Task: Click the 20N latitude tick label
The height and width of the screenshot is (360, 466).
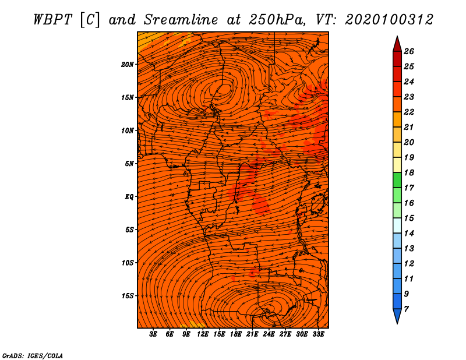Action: point(128,64)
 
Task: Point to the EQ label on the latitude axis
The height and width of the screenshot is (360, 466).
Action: point(129,197)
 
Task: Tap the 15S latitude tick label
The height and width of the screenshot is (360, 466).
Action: point(128,296)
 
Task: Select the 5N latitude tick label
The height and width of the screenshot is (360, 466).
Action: point(129,164)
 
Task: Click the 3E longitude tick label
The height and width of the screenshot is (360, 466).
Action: point(153,334)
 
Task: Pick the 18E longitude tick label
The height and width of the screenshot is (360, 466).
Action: point(236,334)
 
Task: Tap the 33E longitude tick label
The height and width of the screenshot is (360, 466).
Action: point(318,334)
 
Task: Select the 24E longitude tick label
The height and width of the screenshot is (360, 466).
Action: point(269,334)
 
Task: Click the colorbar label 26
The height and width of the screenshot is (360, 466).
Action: point(409,51)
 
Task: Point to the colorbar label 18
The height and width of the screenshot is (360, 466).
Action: point(409,172)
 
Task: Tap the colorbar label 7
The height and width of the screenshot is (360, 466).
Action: point(406,309)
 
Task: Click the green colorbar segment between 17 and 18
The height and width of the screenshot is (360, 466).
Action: point(397,180)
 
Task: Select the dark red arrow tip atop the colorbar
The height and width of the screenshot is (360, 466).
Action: point(397,44)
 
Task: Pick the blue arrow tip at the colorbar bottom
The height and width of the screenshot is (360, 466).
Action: point(397,316)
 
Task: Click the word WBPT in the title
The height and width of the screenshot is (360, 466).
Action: point(53,20)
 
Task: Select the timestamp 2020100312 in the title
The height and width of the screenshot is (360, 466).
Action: point(389,20)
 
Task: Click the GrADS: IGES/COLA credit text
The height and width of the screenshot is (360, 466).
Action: point(33,355)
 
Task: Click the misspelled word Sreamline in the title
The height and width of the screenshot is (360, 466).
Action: point(181,20)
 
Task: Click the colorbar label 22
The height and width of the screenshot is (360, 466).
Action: point(409,112)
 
